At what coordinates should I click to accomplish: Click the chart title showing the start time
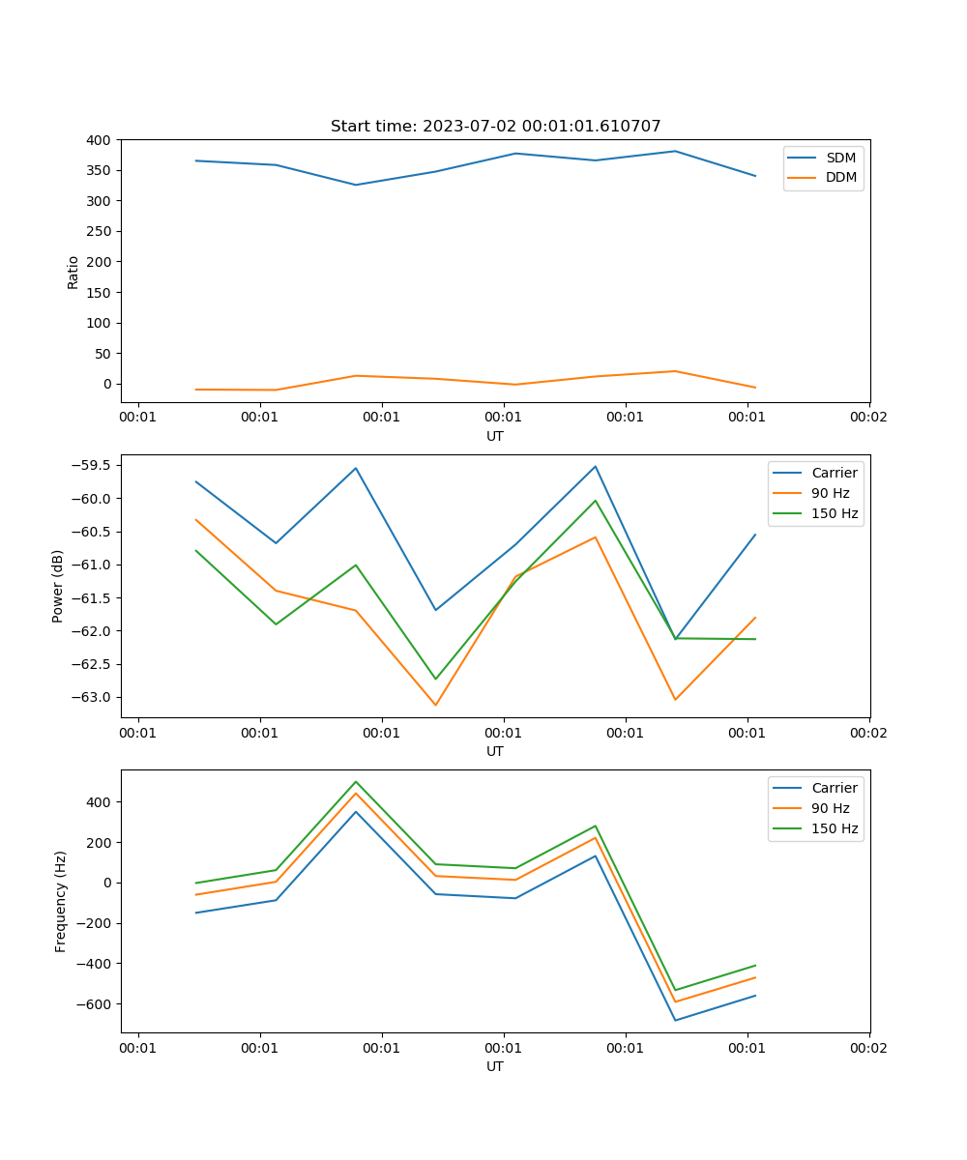tap(495, 127)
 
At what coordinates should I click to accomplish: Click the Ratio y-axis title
tap(73, 272)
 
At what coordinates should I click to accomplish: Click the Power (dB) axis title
tap(58, 586)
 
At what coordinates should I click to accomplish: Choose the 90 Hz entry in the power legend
tap(830, 493)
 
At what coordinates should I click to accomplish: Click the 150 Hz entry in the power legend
tap(834, 513)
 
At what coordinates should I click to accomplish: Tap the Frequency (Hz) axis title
tap(61, 901)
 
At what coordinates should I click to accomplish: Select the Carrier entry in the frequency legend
tap(834, 788)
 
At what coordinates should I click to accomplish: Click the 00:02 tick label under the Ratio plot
tap(868, 418)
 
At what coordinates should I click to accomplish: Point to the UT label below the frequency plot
tap(495, 1066)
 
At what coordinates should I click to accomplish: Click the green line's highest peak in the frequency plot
tap(356, 782)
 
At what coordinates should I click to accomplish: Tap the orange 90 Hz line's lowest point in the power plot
tap(435, 705)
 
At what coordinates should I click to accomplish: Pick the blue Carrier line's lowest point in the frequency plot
tap(675, 1020)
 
